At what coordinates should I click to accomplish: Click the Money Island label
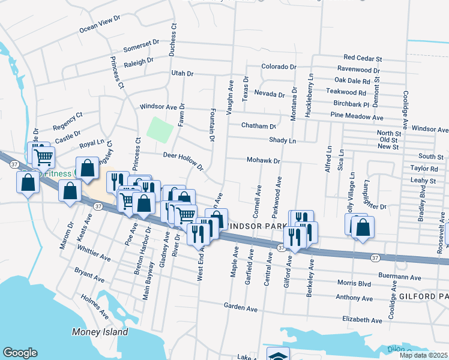click(x=100, y=332)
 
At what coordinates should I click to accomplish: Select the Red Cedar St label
click(x=363, y=59)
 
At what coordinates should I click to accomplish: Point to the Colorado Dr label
click(x=279, y=67)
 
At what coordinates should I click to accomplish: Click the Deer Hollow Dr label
click(x=184, y=160)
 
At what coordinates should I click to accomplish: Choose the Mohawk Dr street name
click(x=264, y=161)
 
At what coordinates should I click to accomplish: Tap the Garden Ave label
click(x=241, y=308)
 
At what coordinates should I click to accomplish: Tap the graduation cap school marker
click(x=278, y=355)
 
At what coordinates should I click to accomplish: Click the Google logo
click(x=20, y=353)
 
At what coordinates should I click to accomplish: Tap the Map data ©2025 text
click(x=423, y=355)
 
